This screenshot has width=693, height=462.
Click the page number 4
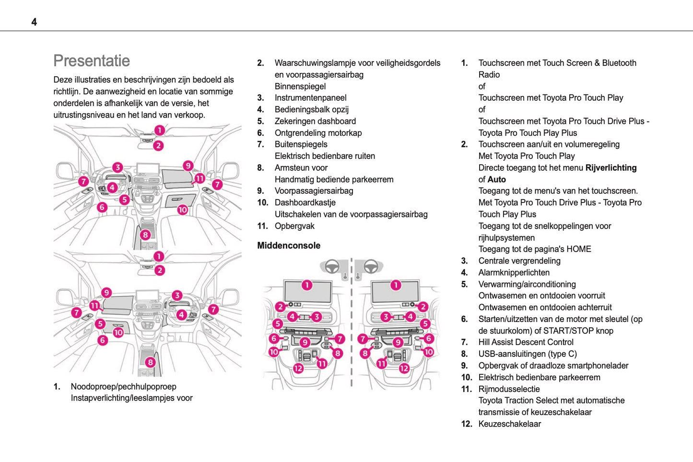pyautogui.click(x=34, y=22)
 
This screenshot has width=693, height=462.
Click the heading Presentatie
pyautogui.click(x=92, y=61)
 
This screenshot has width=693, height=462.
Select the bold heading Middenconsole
pyautogui.click(x=289, y=246)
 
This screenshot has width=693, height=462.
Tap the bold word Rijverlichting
pyautogui.click(x=611, y=168)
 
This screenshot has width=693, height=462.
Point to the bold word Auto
pyautogui.click(x=497, y=179)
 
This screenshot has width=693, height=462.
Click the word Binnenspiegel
pyautogui.click(x=300, y=86)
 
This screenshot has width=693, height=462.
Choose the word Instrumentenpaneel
pyautogui.click(x=310, y=98)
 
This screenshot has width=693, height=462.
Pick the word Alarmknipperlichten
pyautogui.click(x=514, y=272)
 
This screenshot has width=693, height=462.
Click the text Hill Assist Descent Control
pyautogui.click(x=526, y=342)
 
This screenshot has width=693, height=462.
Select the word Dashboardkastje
pyautogui.click(x=305, y=202)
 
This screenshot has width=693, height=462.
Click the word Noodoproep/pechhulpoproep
pyautogui.click(x=123, y=387)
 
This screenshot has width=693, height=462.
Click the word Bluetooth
pyautogui.click(x=619, y=63)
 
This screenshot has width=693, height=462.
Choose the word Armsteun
pyautogui.click(x=292, y=168)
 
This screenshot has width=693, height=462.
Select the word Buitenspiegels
pyautogui.click(x=301, y=144)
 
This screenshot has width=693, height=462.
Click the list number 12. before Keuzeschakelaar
pyautogui.click(x=466, y=424)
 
